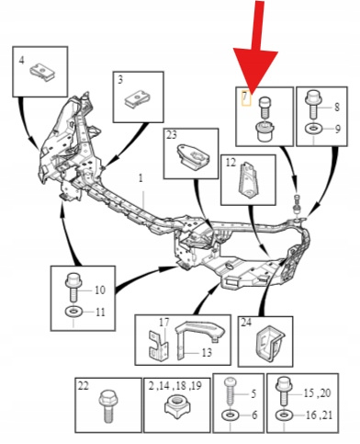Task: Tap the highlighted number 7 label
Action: coord(245,97)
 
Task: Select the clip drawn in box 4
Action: coord(42,73)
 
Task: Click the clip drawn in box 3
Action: coord(137,99)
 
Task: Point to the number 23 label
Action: coord(172,135)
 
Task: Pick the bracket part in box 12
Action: coord(248,180)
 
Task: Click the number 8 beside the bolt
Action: coord(337,108)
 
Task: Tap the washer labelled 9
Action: coord(313,129)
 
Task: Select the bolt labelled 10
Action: coord(73,286)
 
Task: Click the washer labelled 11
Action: coord(73,313)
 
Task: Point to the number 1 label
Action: coord(141,178)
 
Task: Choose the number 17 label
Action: coord(164,323)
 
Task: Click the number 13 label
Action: coord(207,352)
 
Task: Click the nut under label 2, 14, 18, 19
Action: coord(176,404)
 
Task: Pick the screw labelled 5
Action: coord(231,393)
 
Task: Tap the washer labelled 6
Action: coord(231,416)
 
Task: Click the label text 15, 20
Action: coord(317,393)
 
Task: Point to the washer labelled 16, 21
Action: coord(284,416)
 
